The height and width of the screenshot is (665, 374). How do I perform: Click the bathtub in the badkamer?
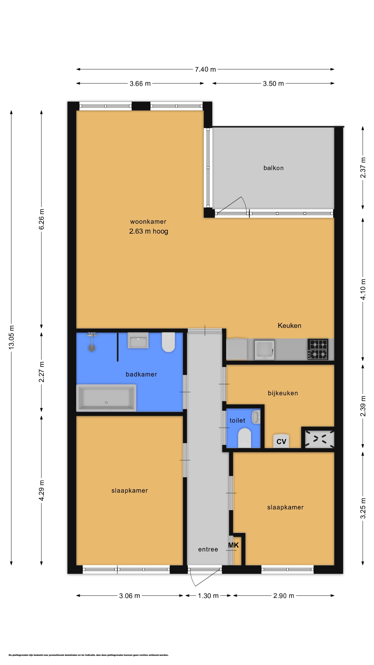pyautogui.click(x=106, y=398)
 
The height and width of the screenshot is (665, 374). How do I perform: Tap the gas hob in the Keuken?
pyautogui.click(x=318, y=349)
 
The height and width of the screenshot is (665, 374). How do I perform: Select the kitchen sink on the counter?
pyautogui.click(x=264, y=349)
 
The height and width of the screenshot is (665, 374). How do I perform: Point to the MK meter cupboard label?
pyautogui.click(x=233, y=545)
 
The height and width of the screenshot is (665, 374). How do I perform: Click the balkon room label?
pyautogui.click(x=273, y=168)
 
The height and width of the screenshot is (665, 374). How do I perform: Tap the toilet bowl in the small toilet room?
pyautogui.click(x=244, y=438)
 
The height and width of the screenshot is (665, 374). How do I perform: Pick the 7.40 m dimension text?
pyautogui.click(x=205, y=69)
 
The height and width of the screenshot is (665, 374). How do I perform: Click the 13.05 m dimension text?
pyautogui.click(x=11, y=337)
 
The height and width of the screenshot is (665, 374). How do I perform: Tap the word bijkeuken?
pyautogui.click(x=283, y=393)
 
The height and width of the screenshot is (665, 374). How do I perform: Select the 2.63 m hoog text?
pyautogui.click(x=149, y=231)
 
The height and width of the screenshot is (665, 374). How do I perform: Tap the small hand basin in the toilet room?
pyautogui.click(x=256, y=417)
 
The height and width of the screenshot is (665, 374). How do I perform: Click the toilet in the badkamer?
pyautogui.click(x=168, y=342)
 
